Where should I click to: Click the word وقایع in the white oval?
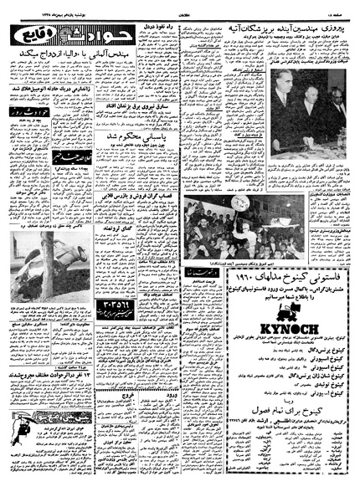pos(32,37)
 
